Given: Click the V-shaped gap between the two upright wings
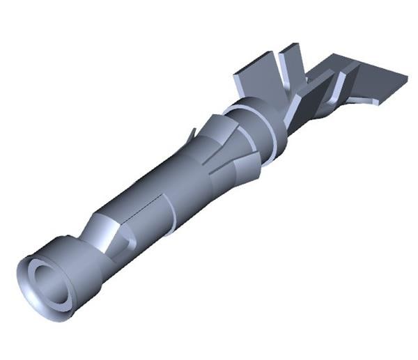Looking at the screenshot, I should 279,70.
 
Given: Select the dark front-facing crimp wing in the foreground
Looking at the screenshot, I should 307,104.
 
